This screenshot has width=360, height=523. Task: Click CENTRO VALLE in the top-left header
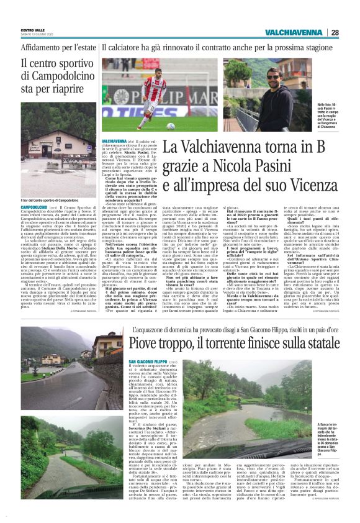click(x=32, y=30)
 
